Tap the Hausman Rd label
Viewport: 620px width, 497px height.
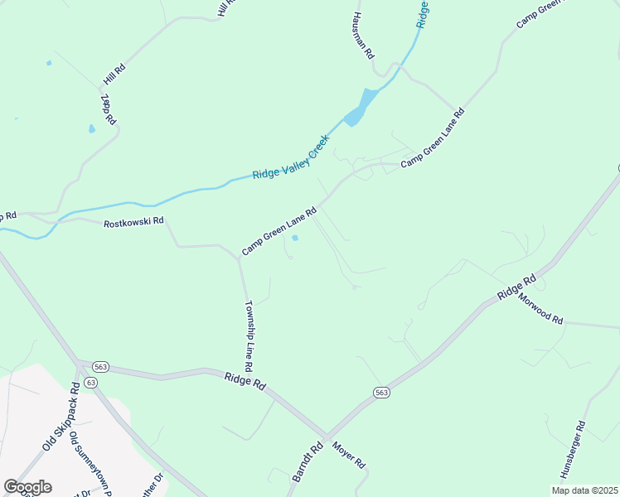[x=362, y=36]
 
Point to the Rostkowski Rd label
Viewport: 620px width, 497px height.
[x=134, y=223]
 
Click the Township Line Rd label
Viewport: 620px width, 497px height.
[x=248, y=335]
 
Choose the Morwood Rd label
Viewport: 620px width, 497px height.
[x=541, y=309]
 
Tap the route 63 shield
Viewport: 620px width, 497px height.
[x=90, y=382]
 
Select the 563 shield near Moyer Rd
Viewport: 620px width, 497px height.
[x=380, y=392]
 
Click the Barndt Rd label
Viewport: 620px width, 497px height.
[x=305, y=462]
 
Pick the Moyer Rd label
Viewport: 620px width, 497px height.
[x=349, y=455]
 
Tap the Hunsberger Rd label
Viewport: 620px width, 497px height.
[x=573, y=450]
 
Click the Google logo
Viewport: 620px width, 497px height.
[x=27, y=487]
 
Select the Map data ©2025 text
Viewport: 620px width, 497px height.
[x=584, y=490]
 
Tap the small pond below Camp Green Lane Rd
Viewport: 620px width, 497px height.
[x=295, y=239]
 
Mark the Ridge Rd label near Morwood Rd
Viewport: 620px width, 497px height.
[x=516, y=287]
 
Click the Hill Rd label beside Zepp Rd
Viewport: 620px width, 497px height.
[x=114, y=73]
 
